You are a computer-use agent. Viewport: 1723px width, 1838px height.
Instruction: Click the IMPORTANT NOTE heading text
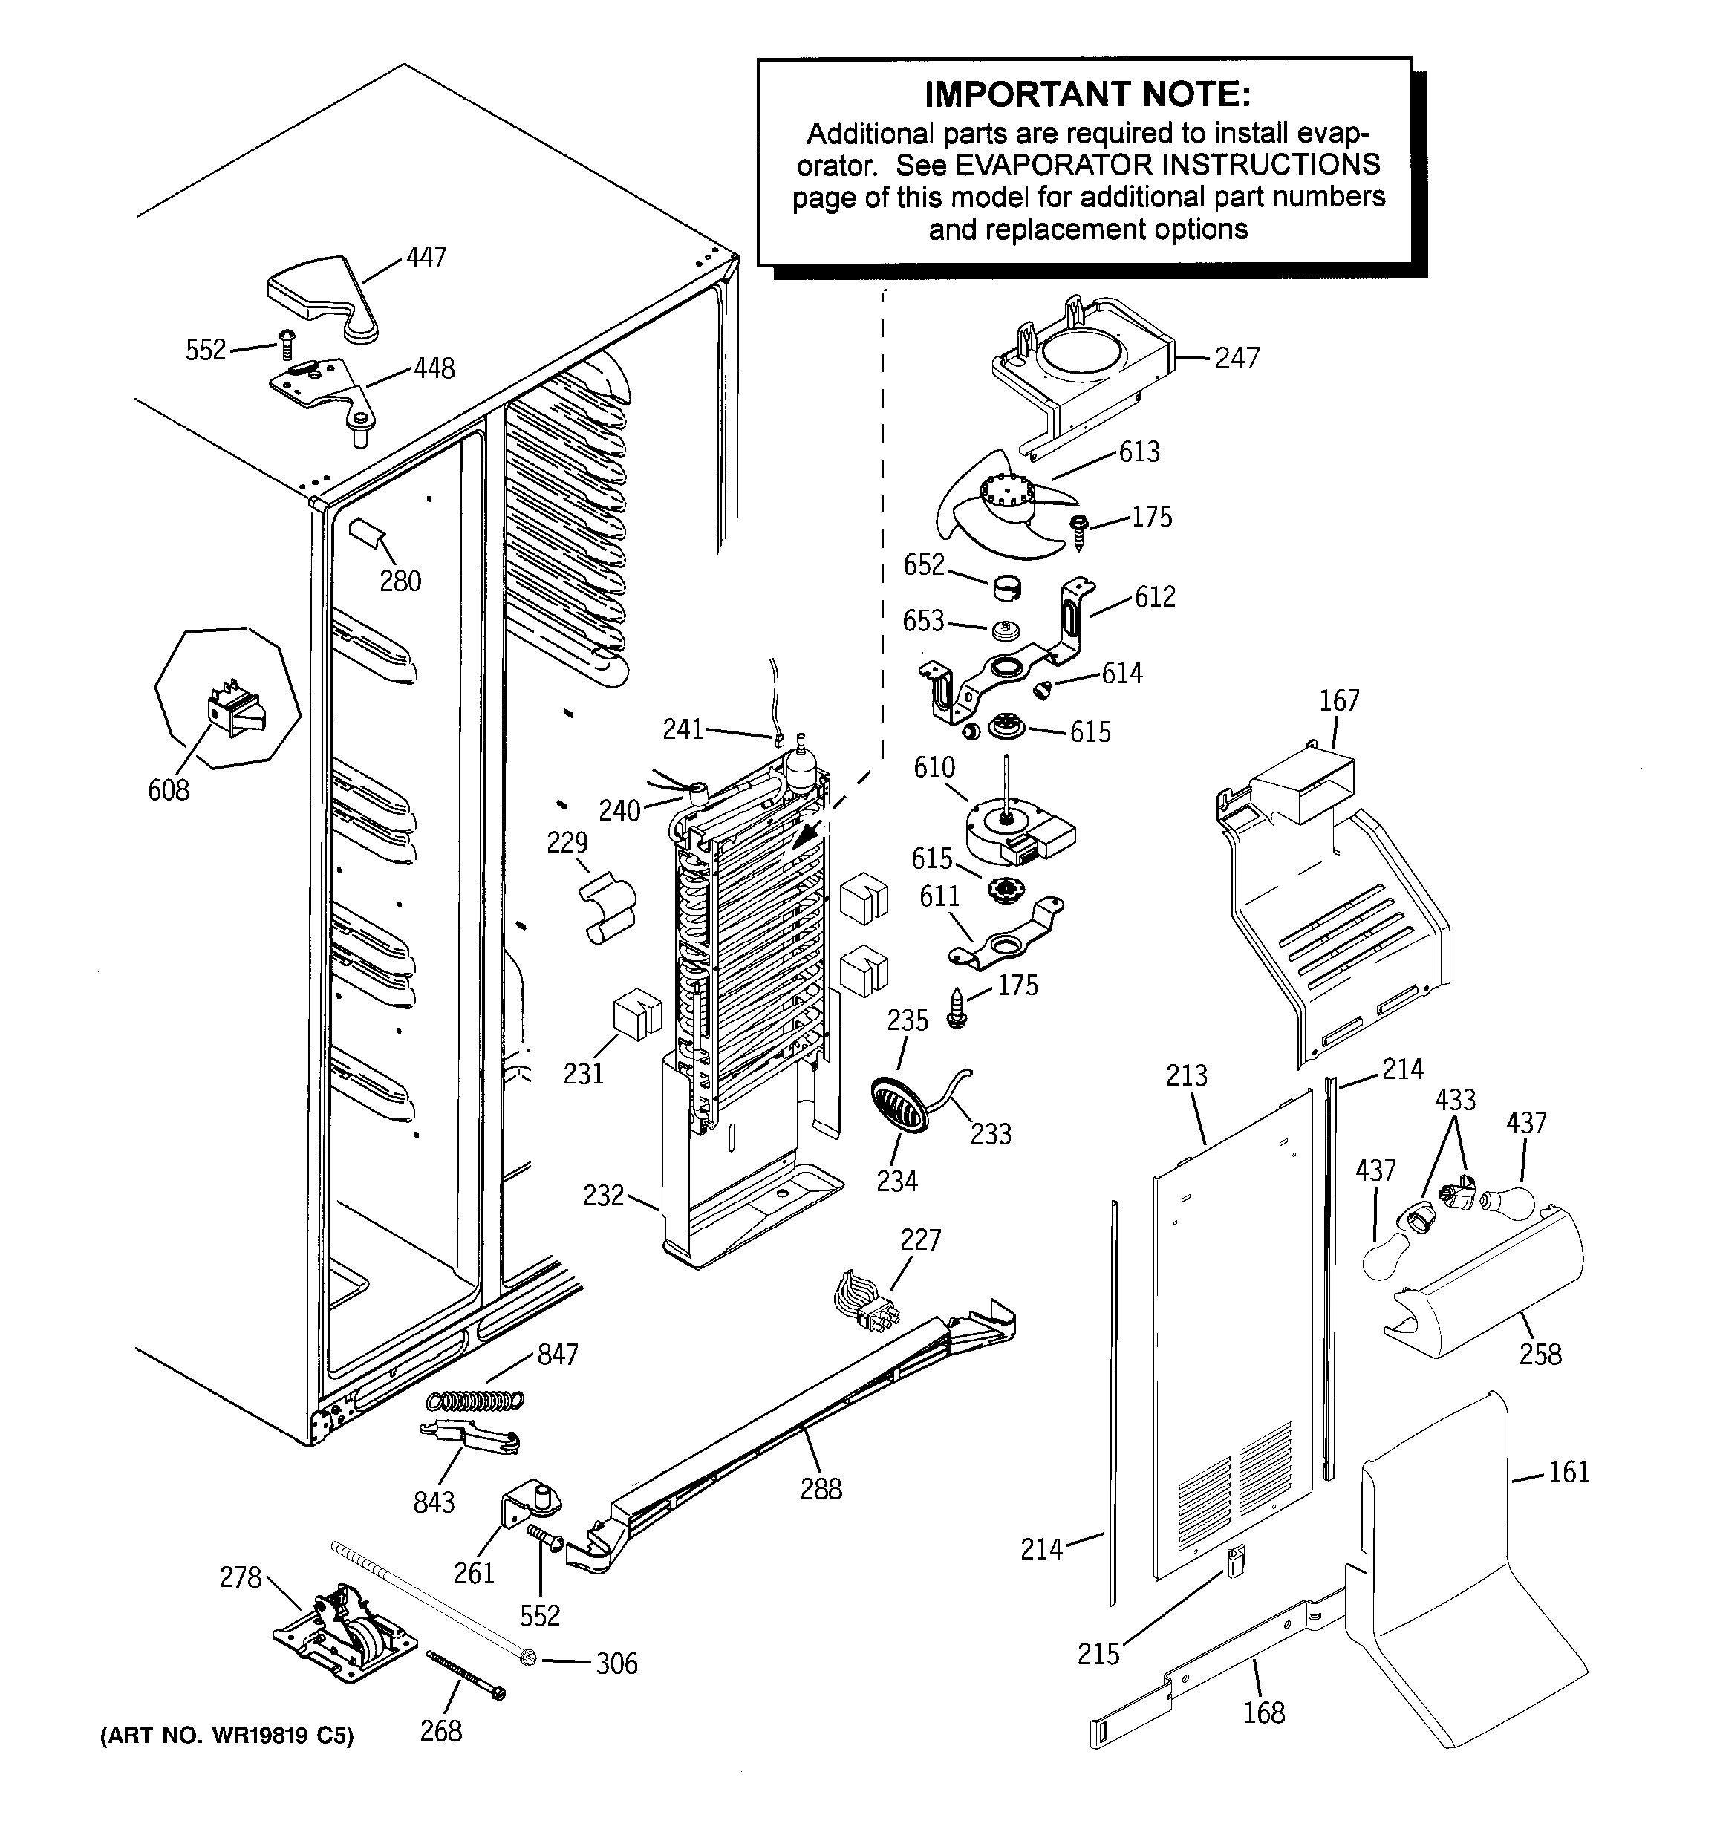tap(1087, 94)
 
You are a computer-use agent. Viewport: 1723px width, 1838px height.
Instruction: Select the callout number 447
tap(426, 257)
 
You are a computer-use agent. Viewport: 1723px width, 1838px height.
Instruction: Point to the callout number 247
tap(1237, 358)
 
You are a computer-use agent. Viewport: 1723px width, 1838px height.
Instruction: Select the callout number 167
tap(1339, 701)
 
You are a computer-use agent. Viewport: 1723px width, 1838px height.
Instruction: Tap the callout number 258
tap(1540, 1355)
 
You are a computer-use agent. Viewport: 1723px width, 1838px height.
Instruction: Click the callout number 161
tap(1569, 1472)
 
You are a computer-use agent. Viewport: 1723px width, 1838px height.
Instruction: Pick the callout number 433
tap(1455, 1101)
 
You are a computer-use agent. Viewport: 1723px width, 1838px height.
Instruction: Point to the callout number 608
tap(169, 789)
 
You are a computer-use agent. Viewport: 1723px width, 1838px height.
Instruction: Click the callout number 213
tap(1187, 1075)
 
